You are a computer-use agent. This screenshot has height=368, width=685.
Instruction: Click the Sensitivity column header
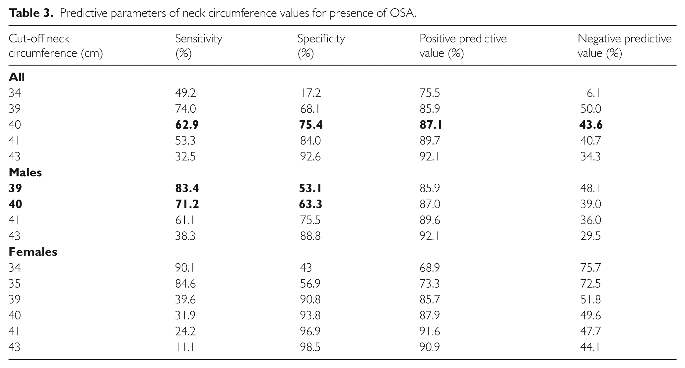(x=198, y=46)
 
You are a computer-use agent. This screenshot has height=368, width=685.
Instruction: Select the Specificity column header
(x=321, y=46)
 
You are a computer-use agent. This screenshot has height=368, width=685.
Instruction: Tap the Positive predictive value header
(x=463, y=46)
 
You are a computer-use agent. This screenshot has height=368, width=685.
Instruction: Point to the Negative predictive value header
(x=625, y=46)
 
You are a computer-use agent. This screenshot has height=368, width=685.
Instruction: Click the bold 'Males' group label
(x=25, y=172)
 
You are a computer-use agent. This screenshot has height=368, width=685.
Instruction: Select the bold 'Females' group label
(x=33, y=252)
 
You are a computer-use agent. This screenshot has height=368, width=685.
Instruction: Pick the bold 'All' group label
(x=17, y=77)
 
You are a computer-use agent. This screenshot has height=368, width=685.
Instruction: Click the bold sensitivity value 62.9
(x=187, y=125)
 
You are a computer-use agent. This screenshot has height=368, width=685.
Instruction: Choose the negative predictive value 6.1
(x=593, y=93)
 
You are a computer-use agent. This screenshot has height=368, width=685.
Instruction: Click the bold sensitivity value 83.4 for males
(x=187, y=188)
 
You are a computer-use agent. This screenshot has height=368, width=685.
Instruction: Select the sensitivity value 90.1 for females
(x=185, y=268)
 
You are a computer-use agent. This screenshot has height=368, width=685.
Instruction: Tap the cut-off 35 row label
(x=15, y=283)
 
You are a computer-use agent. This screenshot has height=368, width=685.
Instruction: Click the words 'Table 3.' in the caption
(x=31, y=13)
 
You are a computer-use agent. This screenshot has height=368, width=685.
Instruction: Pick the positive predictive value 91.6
(x=430, y=331)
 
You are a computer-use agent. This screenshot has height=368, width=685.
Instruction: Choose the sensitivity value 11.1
(x=185, y=347)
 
